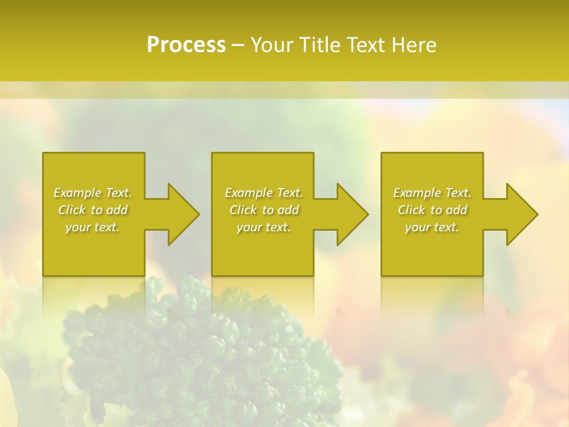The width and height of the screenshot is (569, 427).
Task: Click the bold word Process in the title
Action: (x=186, y=45)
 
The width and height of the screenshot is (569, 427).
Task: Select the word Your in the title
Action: (x=273, y=45)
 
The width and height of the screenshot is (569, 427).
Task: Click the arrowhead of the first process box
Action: (x=181, y=214)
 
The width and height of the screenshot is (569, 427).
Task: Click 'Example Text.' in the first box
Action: (x=92, y=193)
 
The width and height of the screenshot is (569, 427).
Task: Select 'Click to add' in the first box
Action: (x=92, y=210)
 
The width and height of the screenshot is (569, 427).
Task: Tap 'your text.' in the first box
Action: (x=92, y=227)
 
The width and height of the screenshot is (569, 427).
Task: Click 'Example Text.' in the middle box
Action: (x=263, y=193)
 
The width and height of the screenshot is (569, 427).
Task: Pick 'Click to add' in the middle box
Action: (x=263, y=210)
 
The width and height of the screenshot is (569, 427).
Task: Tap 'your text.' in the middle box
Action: (x=263, y=227)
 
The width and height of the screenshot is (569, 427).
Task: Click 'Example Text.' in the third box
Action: (x=432, y=193)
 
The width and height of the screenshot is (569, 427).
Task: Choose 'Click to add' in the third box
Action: (x=432, y=210)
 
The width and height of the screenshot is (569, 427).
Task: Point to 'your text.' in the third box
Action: (x=432, y=227)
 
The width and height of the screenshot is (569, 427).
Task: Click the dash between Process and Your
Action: (x=238, y=46)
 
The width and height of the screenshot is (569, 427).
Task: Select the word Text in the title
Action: (x=366, y=45)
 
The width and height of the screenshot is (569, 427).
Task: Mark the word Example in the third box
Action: (x=417, y=193)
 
